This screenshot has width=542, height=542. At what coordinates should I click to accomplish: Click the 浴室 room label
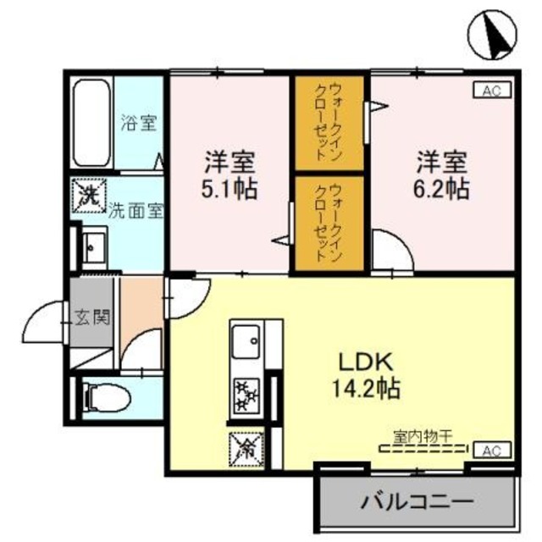[138, 122]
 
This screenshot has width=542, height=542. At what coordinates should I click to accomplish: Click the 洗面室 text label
[135, 211]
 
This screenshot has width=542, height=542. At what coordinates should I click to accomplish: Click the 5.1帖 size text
[230, 187]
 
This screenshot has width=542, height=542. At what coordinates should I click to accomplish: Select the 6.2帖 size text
[441, 187]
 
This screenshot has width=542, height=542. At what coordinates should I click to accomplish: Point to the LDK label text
[365, 362]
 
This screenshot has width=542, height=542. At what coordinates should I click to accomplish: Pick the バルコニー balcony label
[418, 502]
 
